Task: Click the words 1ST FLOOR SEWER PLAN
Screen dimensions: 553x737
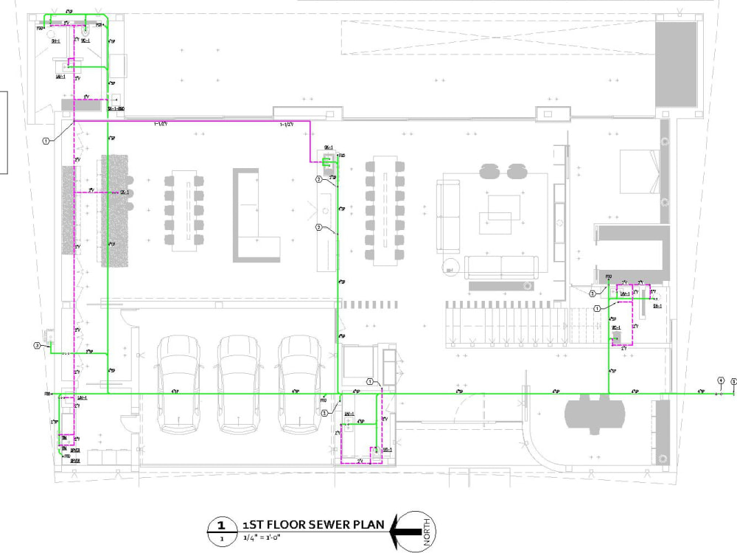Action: pyautogui.click(x=313, y=524)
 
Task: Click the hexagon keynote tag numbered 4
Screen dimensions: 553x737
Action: pyautogui.click(x=721, y=380)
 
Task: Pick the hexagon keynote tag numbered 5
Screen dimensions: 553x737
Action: pyautogui.click(x=734, y=380)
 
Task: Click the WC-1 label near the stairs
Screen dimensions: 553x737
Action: pyautogui.click(x=616, y=327)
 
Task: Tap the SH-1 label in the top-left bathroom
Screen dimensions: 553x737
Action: pyautogui.click(x=56, y=41)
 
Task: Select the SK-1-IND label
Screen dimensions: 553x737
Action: pyautogui.click(x=116, y=109)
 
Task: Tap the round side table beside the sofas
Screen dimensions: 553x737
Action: pyautogui.click(x=449, y=268)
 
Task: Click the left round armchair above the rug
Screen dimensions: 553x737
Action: pyautogui.click(x=489, y=172)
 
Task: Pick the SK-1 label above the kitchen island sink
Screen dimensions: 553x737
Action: pyautogui.click(x=329, y=148)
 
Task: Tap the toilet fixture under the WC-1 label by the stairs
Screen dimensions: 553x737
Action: pyautogui.click(x=618, y=337)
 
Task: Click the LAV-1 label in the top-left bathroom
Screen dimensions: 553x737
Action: pyautogui.click(x=60, y=76)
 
